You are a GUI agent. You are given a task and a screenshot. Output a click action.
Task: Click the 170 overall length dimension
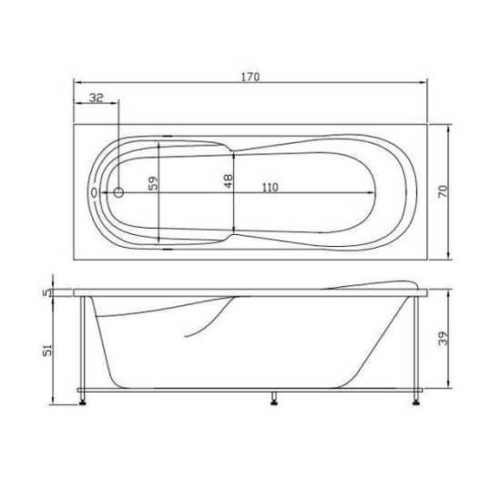pos(251,77)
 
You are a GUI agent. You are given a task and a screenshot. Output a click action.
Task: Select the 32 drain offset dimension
pos(95,94)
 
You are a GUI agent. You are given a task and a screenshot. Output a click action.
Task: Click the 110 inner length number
pos(269,187)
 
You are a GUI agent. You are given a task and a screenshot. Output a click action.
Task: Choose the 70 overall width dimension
pos(442,192)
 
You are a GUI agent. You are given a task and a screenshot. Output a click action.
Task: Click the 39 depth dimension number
pos(442,338)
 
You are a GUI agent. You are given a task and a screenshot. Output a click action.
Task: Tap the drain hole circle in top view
pos(118,193)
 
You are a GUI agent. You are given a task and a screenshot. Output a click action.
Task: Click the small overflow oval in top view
pos(94,193)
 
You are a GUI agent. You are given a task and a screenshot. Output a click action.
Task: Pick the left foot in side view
pos(84,396)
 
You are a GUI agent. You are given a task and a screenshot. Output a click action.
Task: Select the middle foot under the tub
pos(273,396)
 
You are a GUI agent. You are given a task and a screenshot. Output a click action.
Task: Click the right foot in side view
pos(418,396)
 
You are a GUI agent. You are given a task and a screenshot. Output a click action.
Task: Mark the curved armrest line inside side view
pos(210,319)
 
